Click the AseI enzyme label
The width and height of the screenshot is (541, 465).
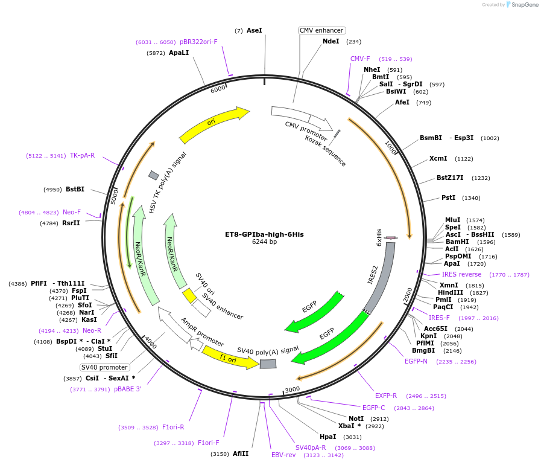coord(254,30)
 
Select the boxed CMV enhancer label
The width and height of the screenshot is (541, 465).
coord(321,30)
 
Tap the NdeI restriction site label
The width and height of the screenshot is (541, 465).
coord(331,41)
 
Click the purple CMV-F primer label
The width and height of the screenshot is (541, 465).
coord(360,59)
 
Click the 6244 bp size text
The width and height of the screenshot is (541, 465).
coord(264,242)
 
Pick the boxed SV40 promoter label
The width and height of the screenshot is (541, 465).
coord(104,367)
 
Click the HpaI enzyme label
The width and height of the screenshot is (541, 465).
coord(327,437)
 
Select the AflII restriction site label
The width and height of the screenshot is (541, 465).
coord(241,454)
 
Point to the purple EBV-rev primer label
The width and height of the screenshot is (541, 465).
coord(283,455)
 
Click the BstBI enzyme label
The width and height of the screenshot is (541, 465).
coord(75,190)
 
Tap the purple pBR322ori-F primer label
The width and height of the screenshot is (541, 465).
coord(198,42)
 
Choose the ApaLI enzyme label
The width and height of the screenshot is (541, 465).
coord(179,53)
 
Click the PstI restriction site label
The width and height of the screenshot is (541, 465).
coord(448,197)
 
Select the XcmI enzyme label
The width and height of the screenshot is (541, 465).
coord(438,158)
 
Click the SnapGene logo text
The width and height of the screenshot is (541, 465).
coord(524,5)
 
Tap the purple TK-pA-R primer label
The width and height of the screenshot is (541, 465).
coord(82,155)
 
